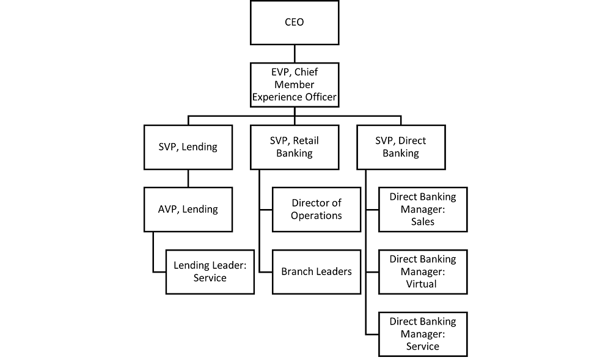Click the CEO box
[295, 23]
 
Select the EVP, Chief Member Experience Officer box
[295, 84]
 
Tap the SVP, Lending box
[188, 147]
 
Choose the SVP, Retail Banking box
[295, 147]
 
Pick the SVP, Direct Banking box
[401, 147]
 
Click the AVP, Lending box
[188, 209]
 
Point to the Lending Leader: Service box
[210, 271]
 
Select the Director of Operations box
[316, 209]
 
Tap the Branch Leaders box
[316, 271]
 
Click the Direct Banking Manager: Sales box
[423, 209]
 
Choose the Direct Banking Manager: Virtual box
[423, 271]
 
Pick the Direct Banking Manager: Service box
[423, 334]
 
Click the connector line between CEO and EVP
[295, 53]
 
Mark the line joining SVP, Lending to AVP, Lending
[188, 178]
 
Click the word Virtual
[422, 284]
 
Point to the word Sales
[423, 221]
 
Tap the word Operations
[316, 215]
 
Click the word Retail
[305, 141]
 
